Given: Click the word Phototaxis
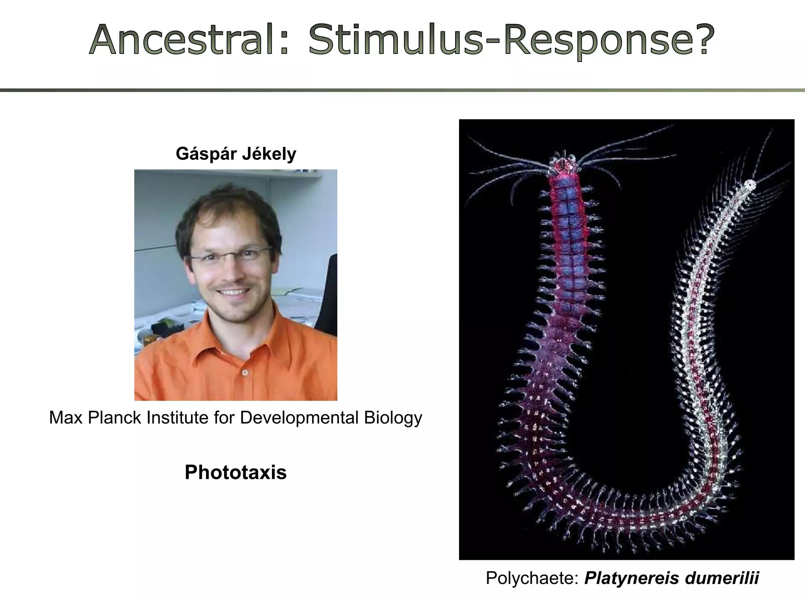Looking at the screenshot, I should point(235,472).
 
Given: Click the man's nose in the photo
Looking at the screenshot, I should point(232,271).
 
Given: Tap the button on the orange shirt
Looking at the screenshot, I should point(245,372).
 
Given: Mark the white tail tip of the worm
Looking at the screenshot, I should point(750,185).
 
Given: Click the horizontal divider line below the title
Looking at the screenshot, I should point(402,90).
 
